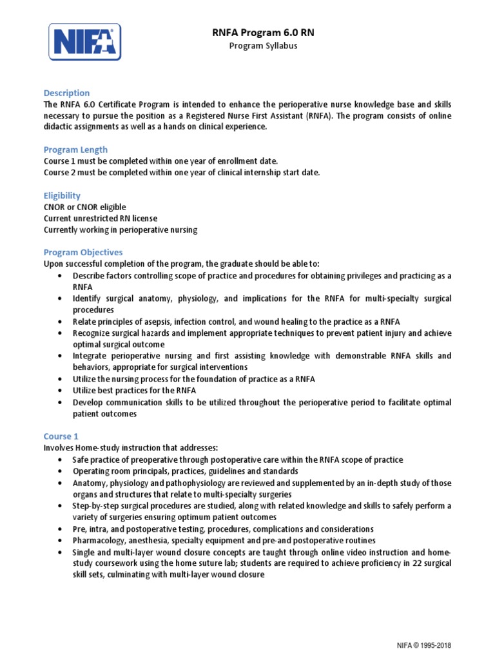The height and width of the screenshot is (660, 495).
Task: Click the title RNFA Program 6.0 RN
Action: click(264, 33)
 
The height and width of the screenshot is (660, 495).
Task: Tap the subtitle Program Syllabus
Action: click(264, 46)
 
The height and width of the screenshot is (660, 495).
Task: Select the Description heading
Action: click(66, 93)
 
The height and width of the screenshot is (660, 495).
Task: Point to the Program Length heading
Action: click(75, 150)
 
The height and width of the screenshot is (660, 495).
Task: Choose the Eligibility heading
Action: click(62, 195)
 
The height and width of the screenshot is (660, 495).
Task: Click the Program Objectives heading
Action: click(82, 252)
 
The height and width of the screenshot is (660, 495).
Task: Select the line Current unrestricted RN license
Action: click(100, 218)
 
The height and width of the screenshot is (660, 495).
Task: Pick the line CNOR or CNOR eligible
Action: click(84, 207)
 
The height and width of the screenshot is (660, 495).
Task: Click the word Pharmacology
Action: click(99, 540)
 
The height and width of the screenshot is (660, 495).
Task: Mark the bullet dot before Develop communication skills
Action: click(59, 403)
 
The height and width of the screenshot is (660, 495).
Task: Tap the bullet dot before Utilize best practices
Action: click(59, 391)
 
